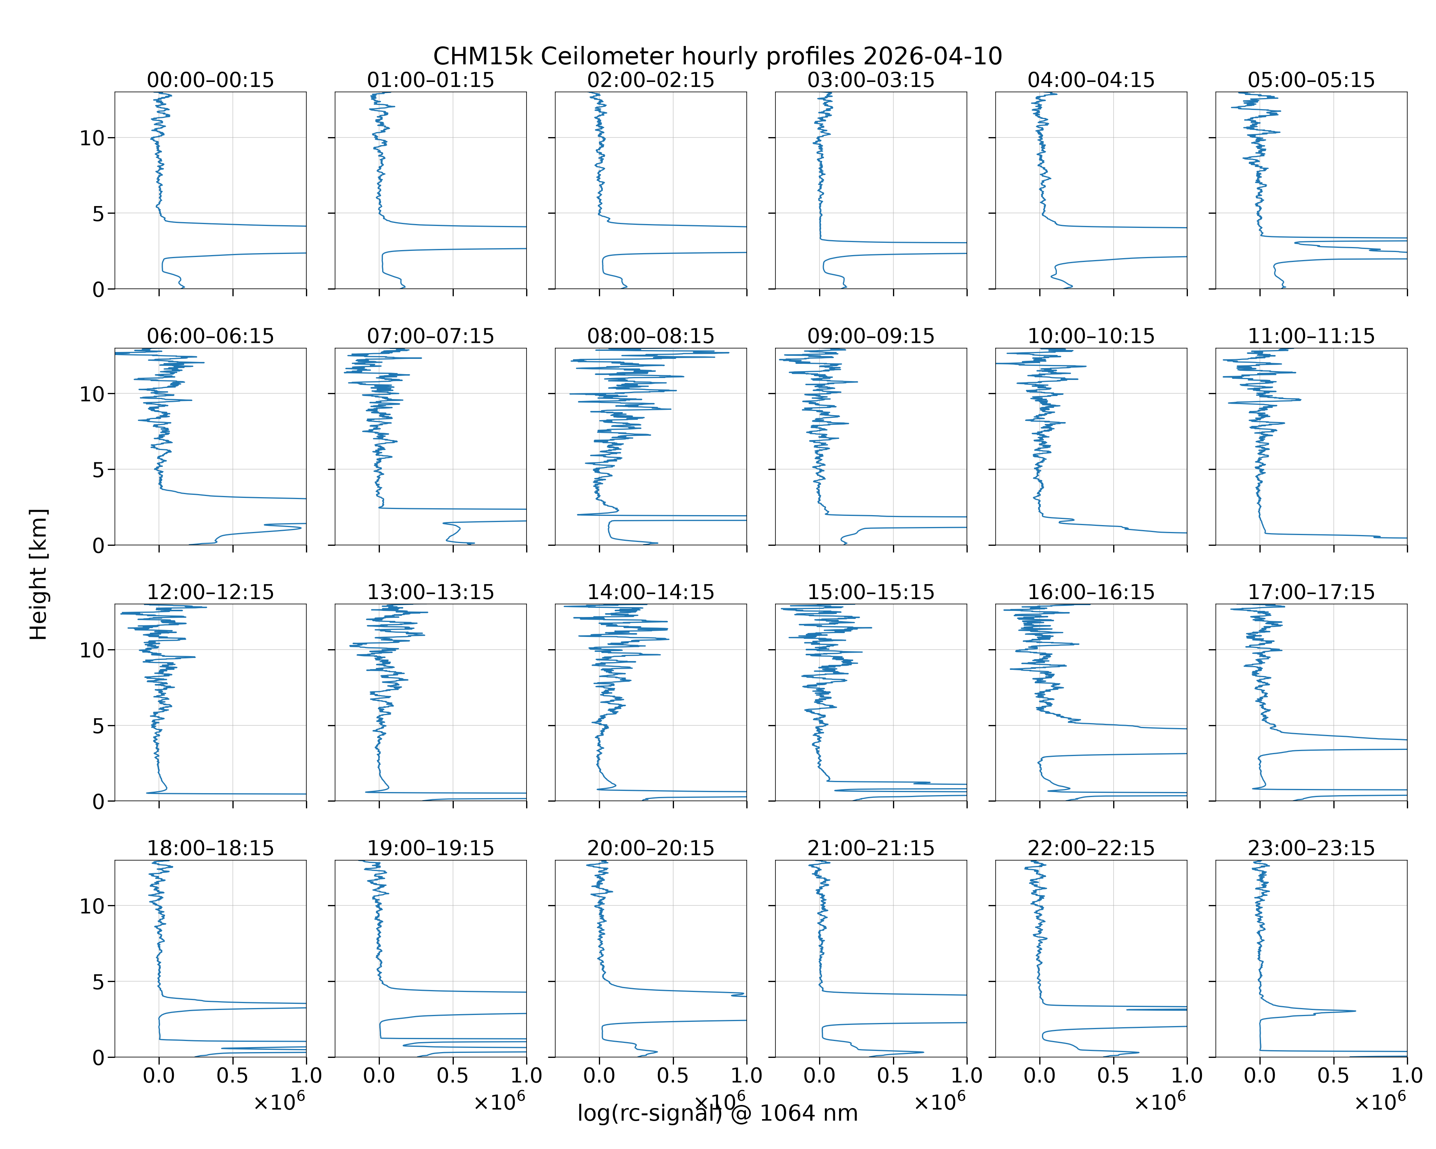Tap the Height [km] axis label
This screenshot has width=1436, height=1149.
(x=39, y=574)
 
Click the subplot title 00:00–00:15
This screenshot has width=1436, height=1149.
(x=211, y=80)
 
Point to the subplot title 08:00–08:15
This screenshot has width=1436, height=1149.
(x=651, y=336)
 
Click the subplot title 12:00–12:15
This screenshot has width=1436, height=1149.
(x=211, y=592)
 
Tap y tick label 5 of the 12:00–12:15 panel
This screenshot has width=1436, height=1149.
(x=98, y=726)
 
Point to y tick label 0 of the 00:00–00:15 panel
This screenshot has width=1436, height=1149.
(x=98, y=290)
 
